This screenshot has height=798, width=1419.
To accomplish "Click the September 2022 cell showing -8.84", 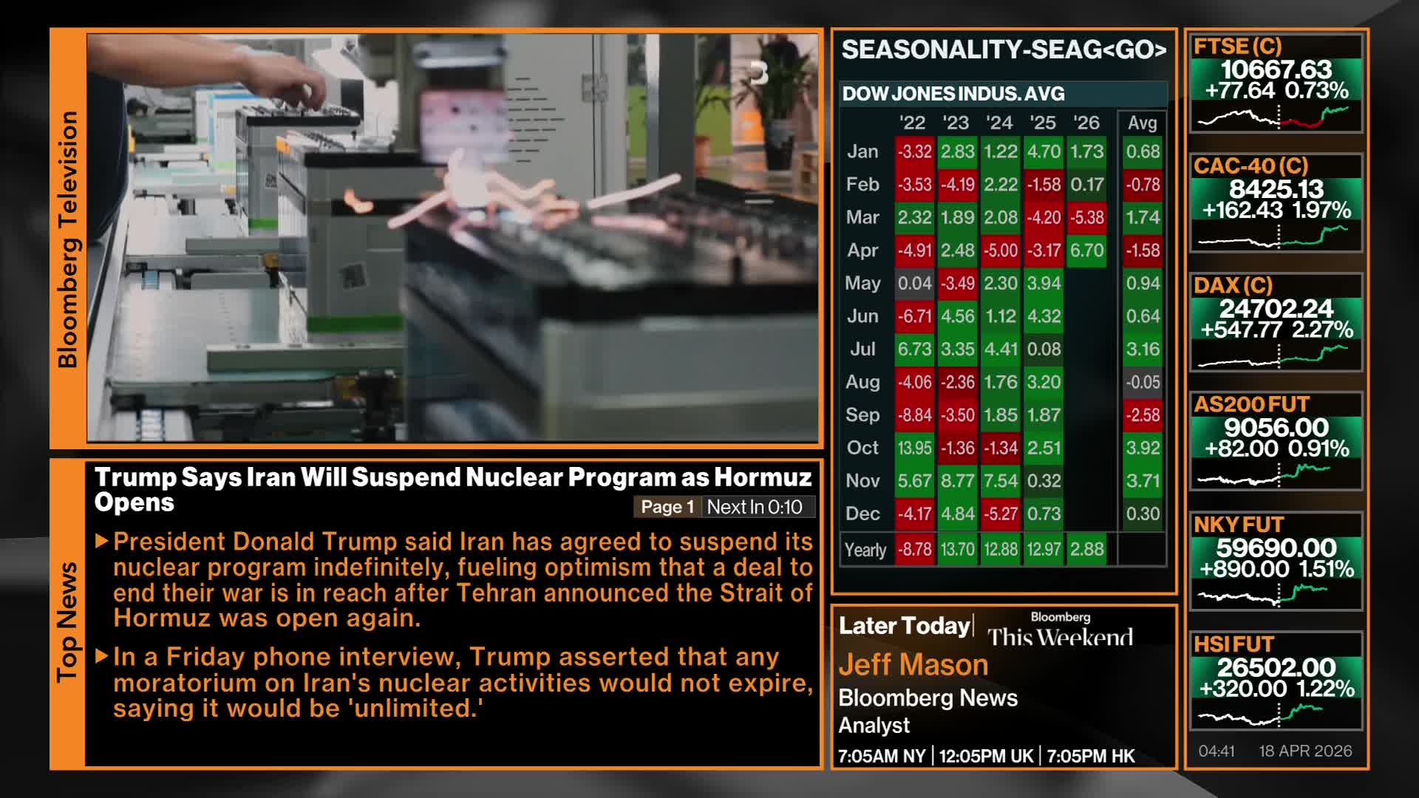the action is pyautogui.click(x=914, y=415).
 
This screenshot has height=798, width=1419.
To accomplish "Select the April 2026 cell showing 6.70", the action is pyautogui.click(x=1086, y=250).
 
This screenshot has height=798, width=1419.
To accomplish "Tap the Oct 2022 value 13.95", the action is pyautogui.click(x=914, y=448).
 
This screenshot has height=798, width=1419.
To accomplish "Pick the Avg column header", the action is pyautogui.click(x=1142, y=123).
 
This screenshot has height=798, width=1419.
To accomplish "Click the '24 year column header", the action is pyautogui.click(x=999, y=123).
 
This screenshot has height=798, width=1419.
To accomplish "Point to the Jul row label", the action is pyautogui.click(x=862, y=349).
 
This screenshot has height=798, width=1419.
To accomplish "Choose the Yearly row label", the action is pyautogui.click(x=865, y=550).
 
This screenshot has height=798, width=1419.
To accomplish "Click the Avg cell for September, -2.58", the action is pyautogui.click(x=1143, y=415).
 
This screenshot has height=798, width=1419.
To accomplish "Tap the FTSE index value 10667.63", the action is pyautogui.click(x=1276, y=69).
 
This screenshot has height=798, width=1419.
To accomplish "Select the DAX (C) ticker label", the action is pyautogui.click(x=1233, y=285).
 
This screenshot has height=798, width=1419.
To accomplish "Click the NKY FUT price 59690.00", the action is pyautogui.click(x=1276, y=548).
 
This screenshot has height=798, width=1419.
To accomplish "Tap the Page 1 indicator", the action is pyautogui.click(x=667, y=507).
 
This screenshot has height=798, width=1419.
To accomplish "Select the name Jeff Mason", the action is pyautogui.click(x=913, y=665).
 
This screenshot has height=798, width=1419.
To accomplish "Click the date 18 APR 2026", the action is pyautogui.click(x=1305, y=751).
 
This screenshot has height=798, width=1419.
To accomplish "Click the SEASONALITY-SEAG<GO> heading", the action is pyautogui.click(x=1004, y=50).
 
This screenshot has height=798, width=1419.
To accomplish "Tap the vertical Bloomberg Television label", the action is pyautogui.click(x=68, y=239).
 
